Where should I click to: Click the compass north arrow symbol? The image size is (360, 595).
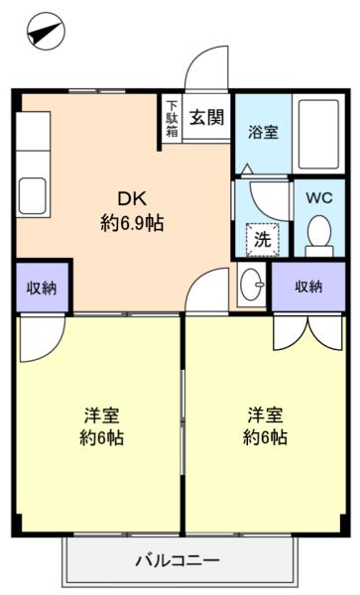click(46, 31)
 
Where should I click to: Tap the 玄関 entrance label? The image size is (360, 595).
click(207, 118)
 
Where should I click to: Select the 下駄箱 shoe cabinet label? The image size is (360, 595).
click(172, 119)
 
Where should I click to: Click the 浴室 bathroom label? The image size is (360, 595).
click(263, 132)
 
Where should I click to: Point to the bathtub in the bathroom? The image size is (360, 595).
click(318, 134)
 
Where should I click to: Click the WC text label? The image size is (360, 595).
click(319, 197)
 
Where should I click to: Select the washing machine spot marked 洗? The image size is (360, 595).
click(263, 239)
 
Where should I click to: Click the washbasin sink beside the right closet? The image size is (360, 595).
click(253, 285)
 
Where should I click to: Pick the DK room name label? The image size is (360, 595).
click(132, 198)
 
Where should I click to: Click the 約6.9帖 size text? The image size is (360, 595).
click(132, 223)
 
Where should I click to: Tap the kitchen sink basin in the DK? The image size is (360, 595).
click(33, 195)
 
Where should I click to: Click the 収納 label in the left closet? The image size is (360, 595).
click(42, 288)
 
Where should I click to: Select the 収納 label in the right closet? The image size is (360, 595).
click(308, 287)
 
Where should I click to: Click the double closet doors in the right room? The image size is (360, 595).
click(308, 331)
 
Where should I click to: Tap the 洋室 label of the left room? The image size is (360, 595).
click(102, 416)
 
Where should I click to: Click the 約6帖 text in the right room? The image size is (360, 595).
click(265, 437)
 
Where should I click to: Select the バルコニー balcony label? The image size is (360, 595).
click(178, 560)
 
